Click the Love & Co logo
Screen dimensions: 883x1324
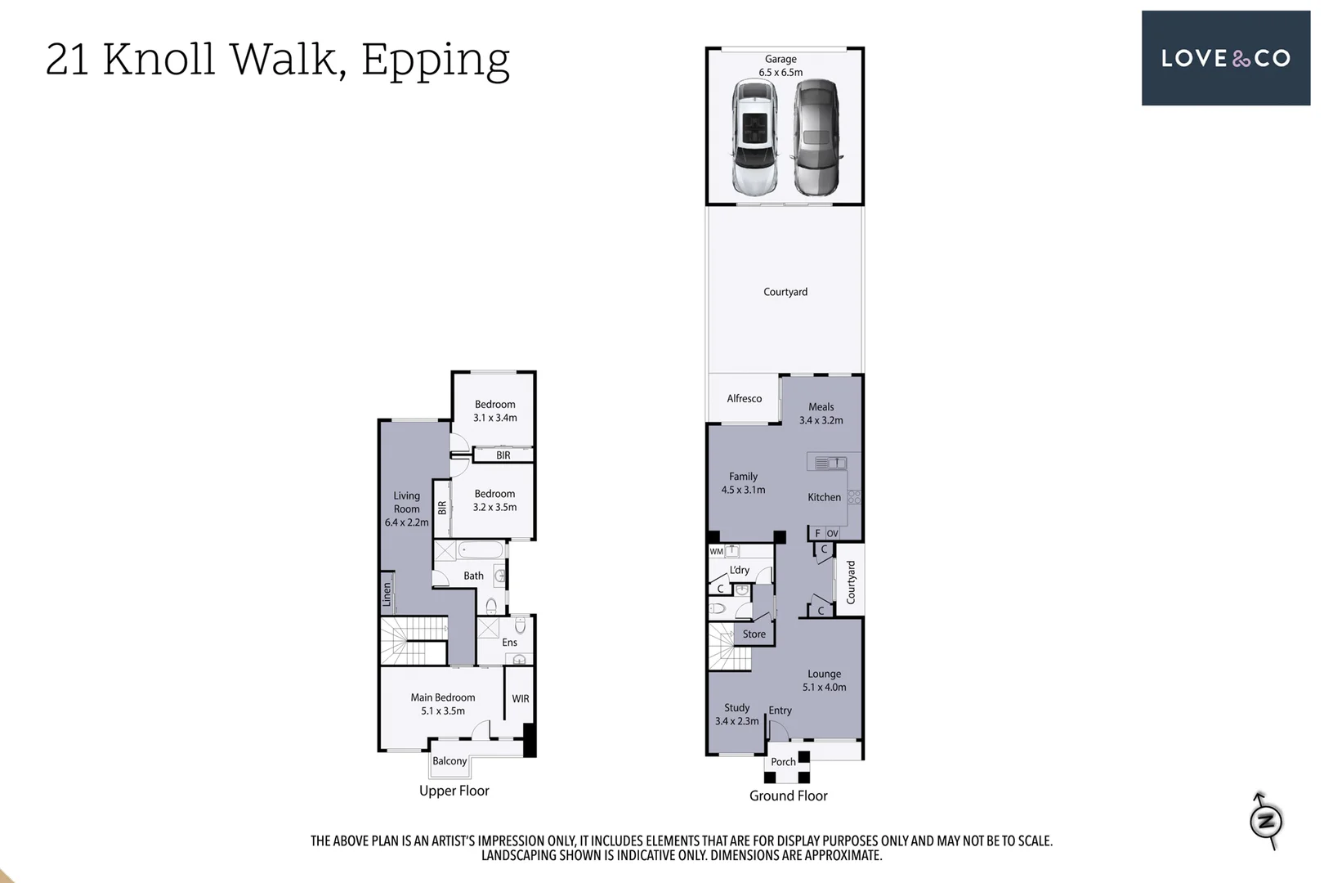tap(1225, 58)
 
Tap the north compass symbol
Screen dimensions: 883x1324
tap(1266, 820)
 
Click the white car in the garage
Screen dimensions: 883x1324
tap(754, 137)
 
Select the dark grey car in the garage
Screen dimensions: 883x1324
tap(816, 137)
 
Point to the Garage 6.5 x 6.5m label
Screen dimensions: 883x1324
tap(781, 65)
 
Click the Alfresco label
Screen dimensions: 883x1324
tap(744, 399)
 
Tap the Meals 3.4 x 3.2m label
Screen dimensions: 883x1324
tap(821, 414)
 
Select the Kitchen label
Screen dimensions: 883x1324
tap(824, 497)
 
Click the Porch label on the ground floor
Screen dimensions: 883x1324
tap(783, 762)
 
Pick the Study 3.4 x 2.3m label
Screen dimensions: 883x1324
tap(736, 715)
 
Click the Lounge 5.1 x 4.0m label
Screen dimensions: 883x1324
tap(824, 680)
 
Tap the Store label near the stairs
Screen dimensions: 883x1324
tap(754, 634)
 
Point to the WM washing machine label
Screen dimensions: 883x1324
tap(716, 552)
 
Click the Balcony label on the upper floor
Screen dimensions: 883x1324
tap(450, 761)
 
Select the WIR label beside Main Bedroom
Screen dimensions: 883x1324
tap(521, 699)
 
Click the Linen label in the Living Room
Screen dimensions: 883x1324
tap(387, 594)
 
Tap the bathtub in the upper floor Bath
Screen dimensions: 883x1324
tap(481, 550)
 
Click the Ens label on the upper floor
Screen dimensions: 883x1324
tap(509, 643)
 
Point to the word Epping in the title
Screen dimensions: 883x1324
tap(435, 60)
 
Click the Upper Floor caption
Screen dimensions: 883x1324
tap(454, 791)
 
